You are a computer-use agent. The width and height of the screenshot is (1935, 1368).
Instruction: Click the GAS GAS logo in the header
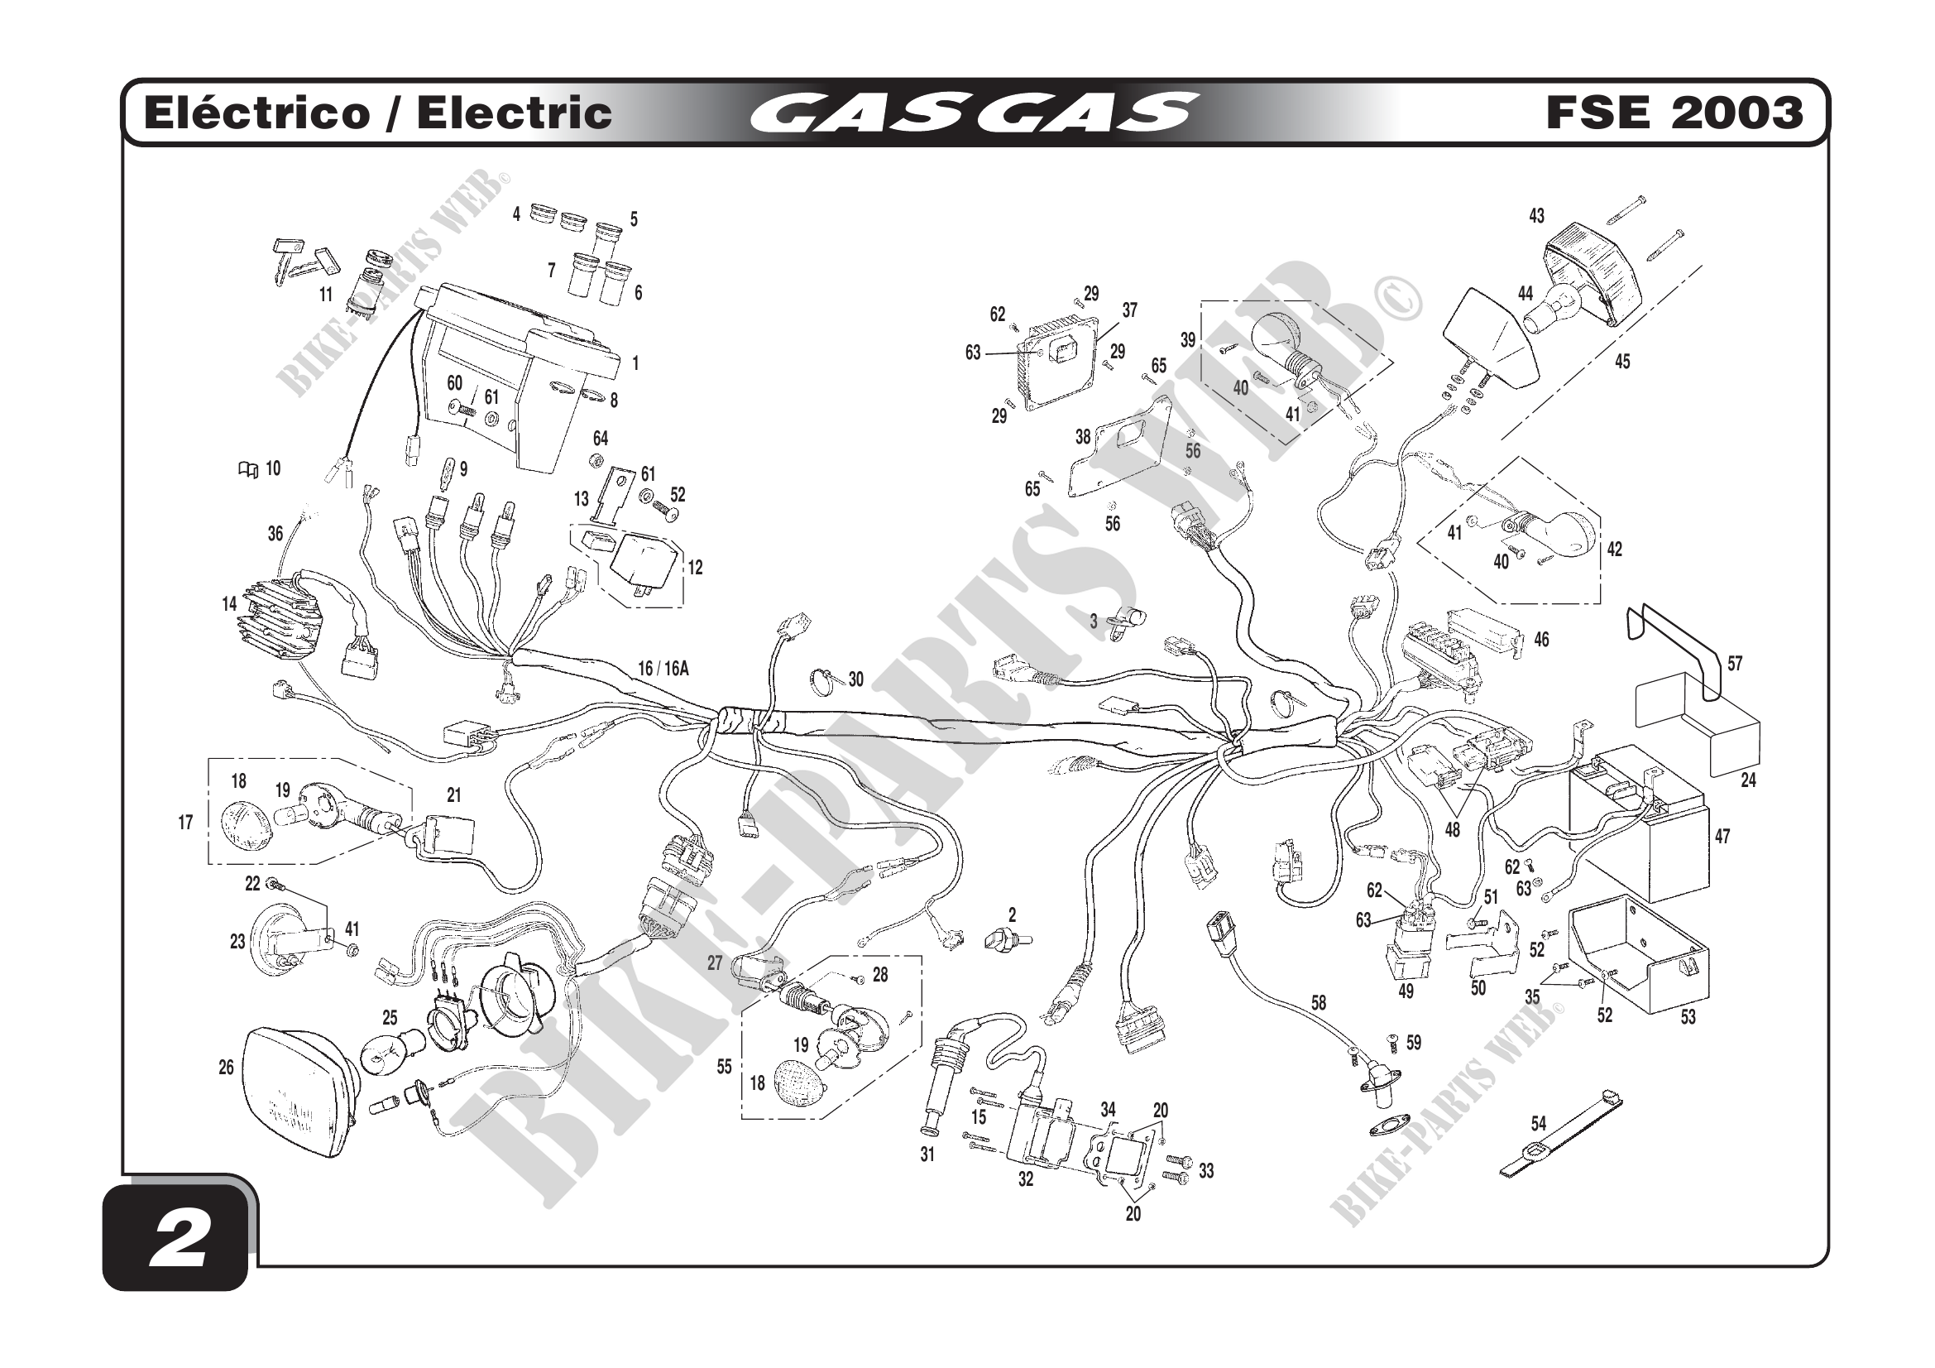tap(974, 113)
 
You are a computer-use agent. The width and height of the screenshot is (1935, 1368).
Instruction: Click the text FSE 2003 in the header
tap(1674, 113)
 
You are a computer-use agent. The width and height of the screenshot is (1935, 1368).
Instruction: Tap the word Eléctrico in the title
tap(257, 113)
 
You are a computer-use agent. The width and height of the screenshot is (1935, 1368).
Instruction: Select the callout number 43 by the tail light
tap(1536, 217)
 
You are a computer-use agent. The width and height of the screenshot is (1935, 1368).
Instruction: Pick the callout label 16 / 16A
tap(663, 670)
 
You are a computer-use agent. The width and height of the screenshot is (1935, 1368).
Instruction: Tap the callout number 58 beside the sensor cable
tap(1318, 1003)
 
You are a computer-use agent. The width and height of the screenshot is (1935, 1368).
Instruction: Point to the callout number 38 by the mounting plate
tap(1082, 437)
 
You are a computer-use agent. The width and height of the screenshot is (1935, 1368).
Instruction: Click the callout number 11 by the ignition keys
tap(325, 295)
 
